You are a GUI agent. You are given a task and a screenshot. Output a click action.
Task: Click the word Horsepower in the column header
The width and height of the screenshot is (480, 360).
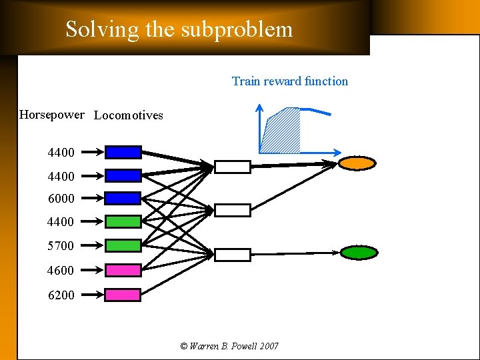[52, 115]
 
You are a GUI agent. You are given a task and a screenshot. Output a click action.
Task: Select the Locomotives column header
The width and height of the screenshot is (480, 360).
[129, 115]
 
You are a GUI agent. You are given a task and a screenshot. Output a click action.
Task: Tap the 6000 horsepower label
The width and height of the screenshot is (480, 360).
[61, 198]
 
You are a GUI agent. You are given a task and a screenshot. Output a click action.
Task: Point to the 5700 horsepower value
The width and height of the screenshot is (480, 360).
[61, 246]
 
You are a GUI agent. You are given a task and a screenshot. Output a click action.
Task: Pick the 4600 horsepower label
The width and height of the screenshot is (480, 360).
[61, 271]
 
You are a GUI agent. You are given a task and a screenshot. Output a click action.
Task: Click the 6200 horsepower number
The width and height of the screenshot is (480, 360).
[61, 295]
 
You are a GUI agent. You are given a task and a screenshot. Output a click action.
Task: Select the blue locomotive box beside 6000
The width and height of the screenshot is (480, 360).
[123, 198]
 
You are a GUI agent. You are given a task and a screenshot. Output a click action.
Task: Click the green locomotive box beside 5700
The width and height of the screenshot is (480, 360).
[123, 245]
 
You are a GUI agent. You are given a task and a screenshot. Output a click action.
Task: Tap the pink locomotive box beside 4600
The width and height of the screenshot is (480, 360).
[123, 270]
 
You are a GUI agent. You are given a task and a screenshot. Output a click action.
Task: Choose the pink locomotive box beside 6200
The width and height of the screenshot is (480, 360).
[123, 294]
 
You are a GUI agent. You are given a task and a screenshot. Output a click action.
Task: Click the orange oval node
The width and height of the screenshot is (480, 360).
[358, 163]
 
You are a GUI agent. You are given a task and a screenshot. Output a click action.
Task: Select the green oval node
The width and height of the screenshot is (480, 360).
[359, 253]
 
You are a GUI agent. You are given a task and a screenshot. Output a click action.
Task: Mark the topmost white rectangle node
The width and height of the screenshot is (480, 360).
[232, 167]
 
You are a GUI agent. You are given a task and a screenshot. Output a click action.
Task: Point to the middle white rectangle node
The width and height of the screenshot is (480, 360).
[232, 211]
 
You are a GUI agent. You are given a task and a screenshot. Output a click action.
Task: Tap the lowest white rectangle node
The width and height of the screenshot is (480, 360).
[232, 255]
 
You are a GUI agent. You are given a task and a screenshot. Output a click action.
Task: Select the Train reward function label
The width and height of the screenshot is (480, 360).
[289, 81]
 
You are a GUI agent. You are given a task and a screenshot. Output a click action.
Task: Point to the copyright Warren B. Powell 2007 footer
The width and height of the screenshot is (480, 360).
[229, 346]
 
